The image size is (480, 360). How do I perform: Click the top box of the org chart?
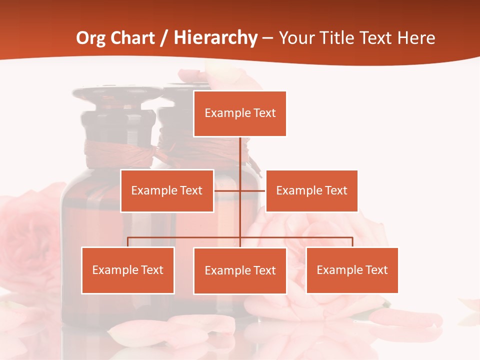coord(240,113)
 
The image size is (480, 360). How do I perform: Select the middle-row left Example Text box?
coord(167,190)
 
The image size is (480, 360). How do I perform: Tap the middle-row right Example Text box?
coord(311,190)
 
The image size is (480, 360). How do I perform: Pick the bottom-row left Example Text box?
coord(128,270)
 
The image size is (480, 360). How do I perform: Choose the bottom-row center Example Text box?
coord(240,270)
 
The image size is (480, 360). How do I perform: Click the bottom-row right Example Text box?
coord(352,270)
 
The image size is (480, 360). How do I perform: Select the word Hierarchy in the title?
coord(215,38)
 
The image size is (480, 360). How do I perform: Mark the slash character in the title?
coord(164,38)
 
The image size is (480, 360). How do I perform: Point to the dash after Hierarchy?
coord(268,38)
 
